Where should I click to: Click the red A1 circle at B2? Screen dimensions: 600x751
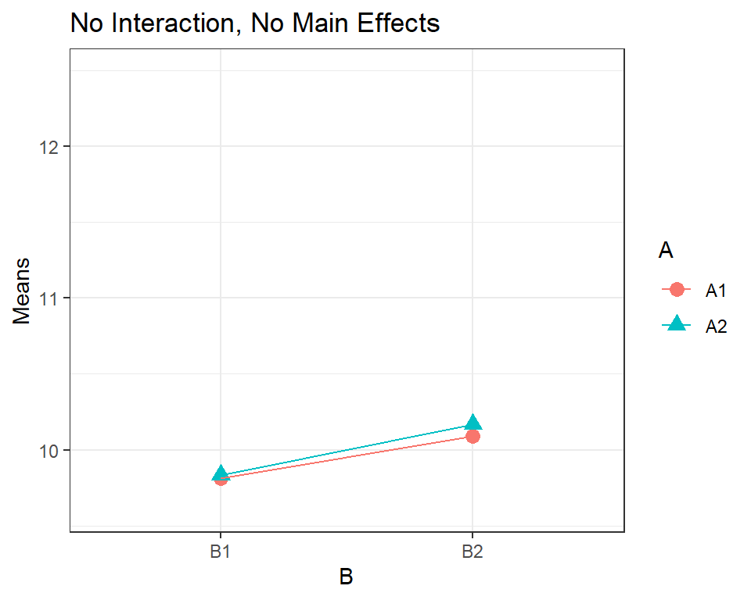point(473,435)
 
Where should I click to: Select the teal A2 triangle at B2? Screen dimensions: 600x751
point(473,423)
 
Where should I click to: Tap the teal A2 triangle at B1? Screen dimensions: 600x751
point(221,473)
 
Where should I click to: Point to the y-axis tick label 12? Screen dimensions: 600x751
point(49,146)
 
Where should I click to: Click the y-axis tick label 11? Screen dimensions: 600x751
point(49,298)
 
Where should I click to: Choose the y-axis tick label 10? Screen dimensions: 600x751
point(49,450)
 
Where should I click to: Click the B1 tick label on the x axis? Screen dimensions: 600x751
point(221,552)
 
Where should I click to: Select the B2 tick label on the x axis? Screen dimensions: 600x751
point(473,552)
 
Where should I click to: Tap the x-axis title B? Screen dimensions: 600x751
point(346,577)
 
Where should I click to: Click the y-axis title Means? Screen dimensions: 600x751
point(22,291)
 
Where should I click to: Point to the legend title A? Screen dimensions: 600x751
point(666,250)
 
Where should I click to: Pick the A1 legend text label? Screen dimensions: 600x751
point(717,291)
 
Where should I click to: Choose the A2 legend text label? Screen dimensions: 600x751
point(717,327)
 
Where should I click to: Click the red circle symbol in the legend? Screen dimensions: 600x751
point(677,290)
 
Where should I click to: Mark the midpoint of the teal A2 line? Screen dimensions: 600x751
point(347,449)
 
